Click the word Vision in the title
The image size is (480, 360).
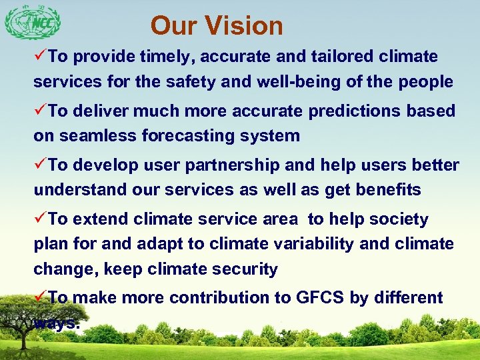click(245, 26)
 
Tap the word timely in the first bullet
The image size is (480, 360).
click(167, 57)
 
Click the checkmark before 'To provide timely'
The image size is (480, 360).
click(41, 57)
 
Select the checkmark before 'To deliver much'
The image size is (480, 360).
click(41, 111)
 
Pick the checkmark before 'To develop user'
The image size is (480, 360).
click(41, 165)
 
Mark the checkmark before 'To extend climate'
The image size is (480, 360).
click(41, 219)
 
